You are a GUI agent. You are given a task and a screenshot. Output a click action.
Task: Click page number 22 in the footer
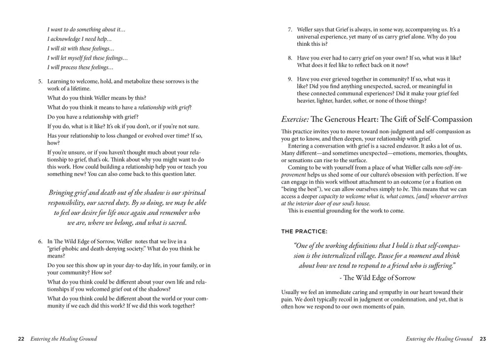pos(21,339)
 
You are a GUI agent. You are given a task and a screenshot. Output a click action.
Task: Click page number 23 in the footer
pos(483,339)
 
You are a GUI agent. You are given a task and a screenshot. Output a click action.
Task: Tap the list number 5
pos(41,81)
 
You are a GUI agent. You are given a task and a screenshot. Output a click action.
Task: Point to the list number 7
pos(290,30)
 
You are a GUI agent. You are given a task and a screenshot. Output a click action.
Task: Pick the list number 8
pos(290,58)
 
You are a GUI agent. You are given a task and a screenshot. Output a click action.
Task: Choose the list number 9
pos(290,79)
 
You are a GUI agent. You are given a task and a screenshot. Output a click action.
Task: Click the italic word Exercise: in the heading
pos(295,119)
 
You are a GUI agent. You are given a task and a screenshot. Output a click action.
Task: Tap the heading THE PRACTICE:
pos(304,231)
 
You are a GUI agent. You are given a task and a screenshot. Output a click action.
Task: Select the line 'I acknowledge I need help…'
pos(80,39)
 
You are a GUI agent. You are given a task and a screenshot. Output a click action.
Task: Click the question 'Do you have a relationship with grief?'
pos(93,117)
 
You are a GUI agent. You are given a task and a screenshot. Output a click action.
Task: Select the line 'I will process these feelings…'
pos(80,67)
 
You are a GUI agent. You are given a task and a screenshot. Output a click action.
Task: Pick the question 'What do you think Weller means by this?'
pos(96,98)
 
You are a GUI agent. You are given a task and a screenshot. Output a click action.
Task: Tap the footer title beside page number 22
pos(63,339)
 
